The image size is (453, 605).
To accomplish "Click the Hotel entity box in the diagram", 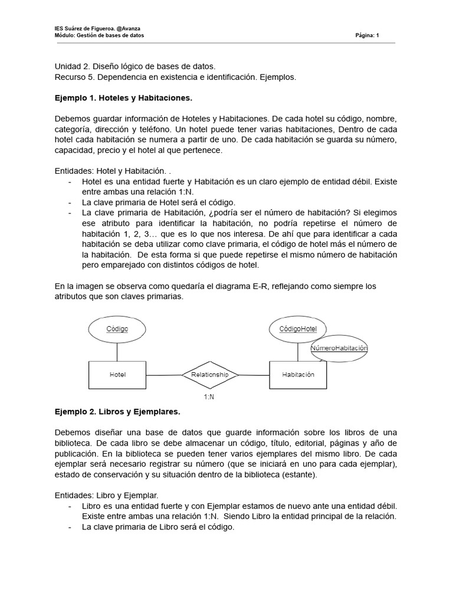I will pos(117,375).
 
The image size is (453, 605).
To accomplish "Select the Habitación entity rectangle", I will pos(298,375).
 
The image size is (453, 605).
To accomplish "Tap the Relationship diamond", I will pos(209,375).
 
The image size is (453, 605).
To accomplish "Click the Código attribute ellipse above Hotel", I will pos(117,329).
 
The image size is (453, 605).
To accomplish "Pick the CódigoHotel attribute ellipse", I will pos(297,329).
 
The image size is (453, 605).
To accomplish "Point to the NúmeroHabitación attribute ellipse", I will pos(339,349).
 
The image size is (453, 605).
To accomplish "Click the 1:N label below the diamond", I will pos(209,397).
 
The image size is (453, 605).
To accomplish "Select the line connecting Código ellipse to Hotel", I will pos(117,352).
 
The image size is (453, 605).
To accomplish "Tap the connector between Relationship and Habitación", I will pos(254,375).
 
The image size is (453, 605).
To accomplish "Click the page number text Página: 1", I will pos(367,35).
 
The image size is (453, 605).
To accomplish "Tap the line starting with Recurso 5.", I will pos(175,77).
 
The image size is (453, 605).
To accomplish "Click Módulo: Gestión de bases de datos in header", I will pos(99,35).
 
